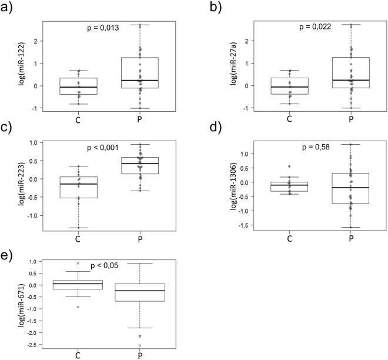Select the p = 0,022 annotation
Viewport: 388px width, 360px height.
click(x=316, y=26)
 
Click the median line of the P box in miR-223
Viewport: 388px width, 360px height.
click(x=139, y=164)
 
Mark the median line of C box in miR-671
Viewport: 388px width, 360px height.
click(x=78, y=284)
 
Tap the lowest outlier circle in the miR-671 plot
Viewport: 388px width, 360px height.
click(x=139, y=345)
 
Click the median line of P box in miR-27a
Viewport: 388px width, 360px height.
click(x=350, y=80)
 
